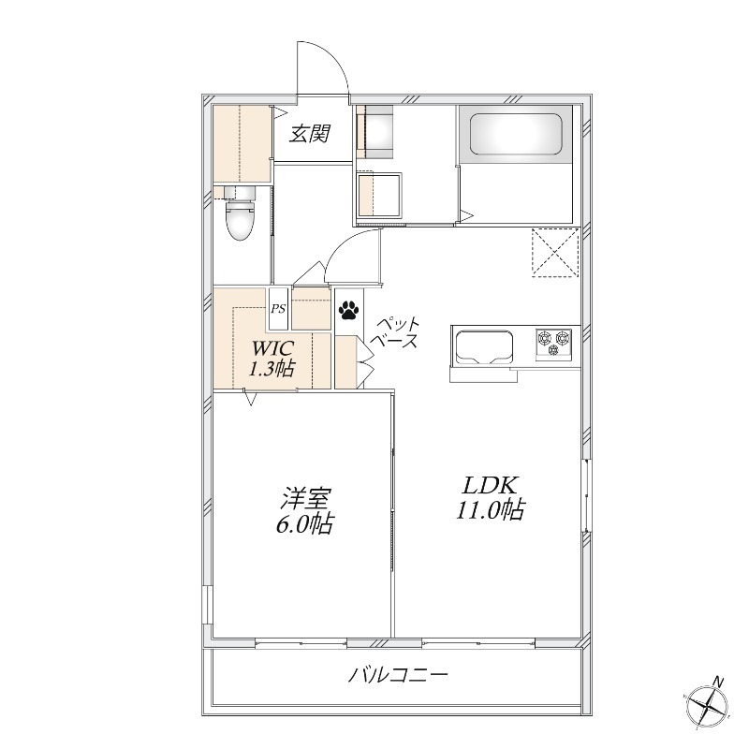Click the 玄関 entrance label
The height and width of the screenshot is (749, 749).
[310, 133]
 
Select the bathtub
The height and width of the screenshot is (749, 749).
[516, 134]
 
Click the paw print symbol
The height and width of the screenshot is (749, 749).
[348, 310]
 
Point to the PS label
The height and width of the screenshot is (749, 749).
[278, 309]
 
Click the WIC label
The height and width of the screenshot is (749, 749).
[273, 348]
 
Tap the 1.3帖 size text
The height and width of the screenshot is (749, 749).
[272, 368]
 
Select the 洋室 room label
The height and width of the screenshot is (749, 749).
[306, 499]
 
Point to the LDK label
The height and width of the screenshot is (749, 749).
[489, 486]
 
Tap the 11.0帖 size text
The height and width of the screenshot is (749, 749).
[491, 509]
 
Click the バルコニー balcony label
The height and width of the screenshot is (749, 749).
[399, 675]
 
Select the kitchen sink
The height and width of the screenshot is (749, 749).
[484, 347]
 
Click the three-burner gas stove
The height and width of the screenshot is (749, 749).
[553, 344]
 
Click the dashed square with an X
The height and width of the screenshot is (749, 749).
[555, 253]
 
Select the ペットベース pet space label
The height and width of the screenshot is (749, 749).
[397, 333]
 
